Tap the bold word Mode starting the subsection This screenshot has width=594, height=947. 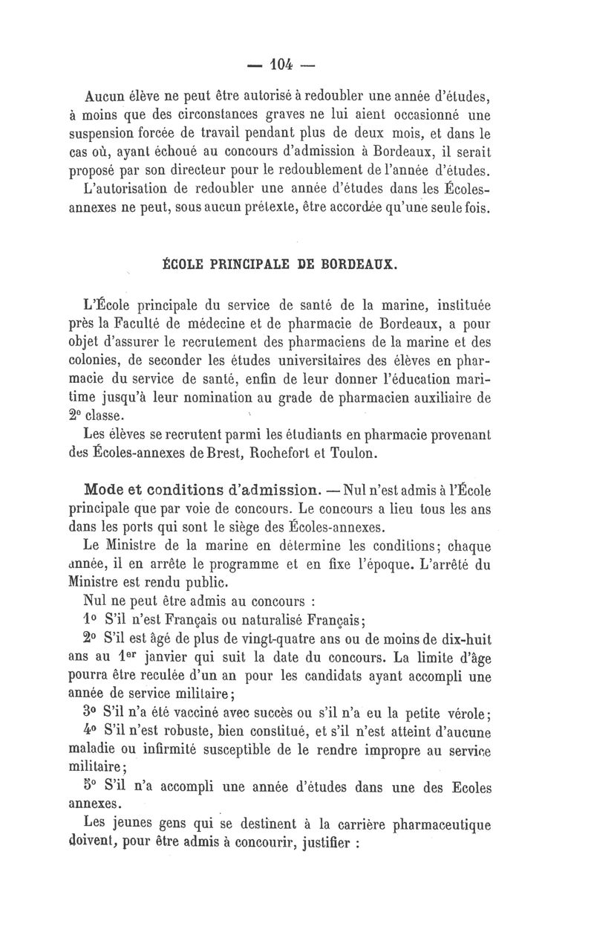pos(105,490)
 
